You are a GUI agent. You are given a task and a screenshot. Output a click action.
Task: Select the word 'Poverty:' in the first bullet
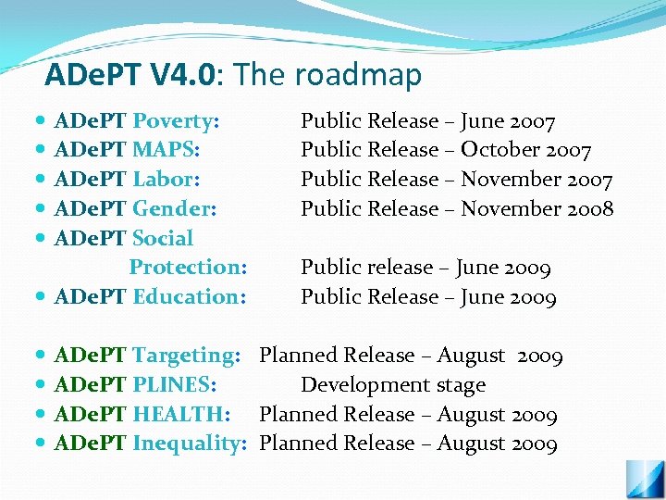coord(176,120)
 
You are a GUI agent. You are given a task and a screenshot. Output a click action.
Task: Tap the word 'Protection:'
coord(188,268)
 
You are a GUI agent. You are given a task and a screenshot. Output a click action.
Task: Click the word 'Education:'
coord(190,297)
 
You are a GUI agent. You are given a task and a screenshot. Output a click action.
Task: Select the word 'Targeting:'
coord(187,356)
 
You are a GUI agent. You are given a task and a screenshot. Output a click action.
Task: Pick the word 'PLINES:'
coord(175,385)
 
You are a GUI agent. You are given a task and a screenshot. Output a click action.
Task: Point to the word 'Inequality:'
coord(190,444)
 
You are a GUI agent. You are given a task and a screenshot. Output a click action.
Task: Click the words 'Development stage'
coord(393,385)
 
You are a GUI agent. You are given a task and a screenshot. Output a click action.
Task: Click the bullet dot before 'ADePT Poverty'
coord(43,121)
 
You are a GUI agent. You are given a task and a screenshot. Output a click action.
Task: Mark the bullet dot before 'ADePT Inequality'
coord(43,444)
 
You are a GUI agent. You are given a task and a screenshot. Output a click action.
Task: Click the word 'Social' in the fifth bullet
coord(163,238)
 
